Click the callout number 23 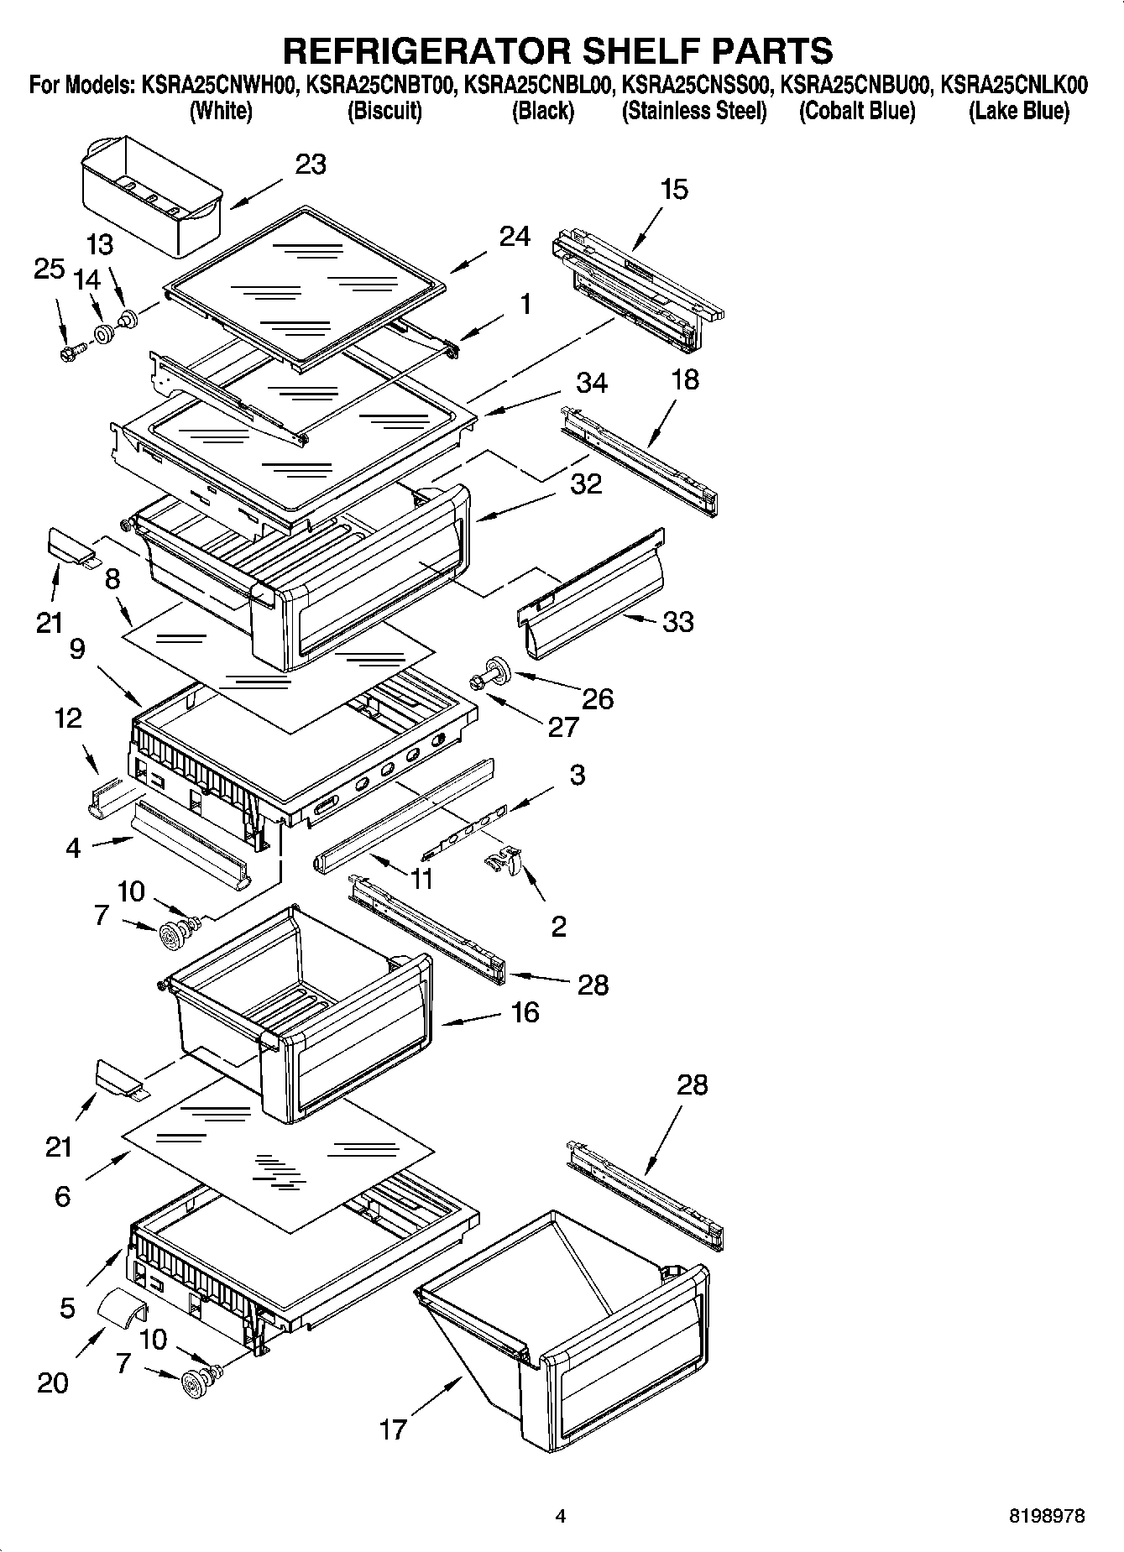pos(311,165)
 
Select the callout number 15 pos(674,190)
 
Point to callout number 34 pos(592,383)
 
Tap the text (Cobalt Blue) pos(857,111)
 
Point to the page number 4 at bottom pos(561,1516)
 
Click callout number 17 pos(393,1429)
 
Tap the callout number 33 pos(678,622)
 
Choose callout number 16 pos(525,1012)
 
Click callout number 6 pos(62,1196)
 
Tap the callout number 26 pos(598,698)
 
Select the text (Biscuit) pos(384,111)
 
